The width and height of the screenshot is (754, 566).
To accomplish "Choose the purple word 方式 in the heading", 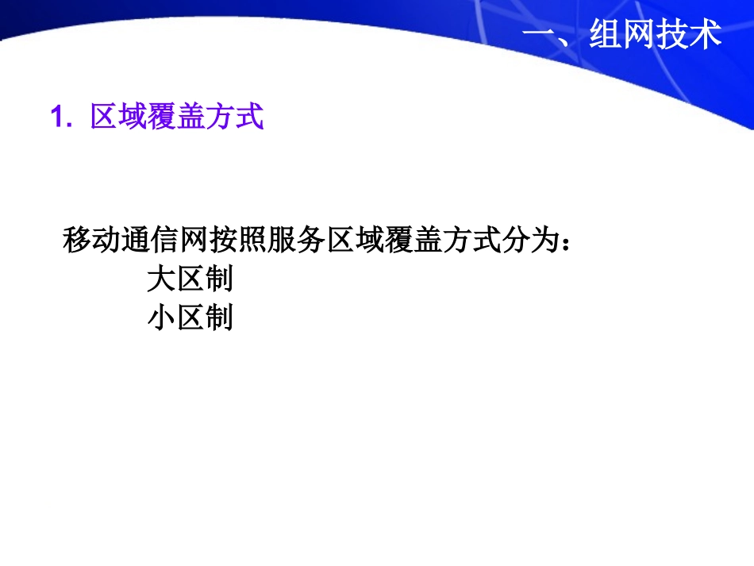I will click(234, 117).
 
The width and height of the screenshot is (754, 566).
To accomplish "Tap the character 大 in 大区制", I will click(162, 279).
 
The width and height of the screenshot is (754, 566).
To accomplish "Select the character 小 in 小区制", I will click(162, 318).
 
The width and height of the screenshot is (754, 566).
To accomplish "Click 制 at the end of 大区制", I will click(219, 279).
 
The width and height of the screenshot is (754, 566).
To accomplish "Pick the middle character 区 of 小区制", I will click(190, 318).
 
